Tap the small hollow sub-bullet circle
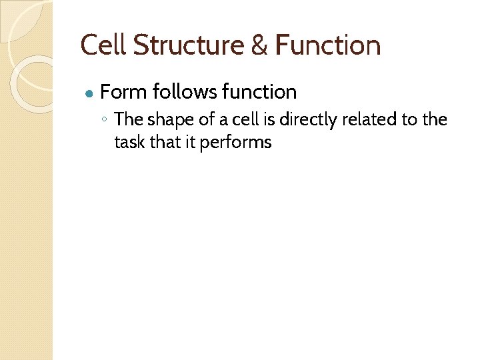[x=105, y=121]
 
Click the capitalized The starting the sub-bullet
[x=129, y=119]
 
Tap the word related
[x=367, y=119]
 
